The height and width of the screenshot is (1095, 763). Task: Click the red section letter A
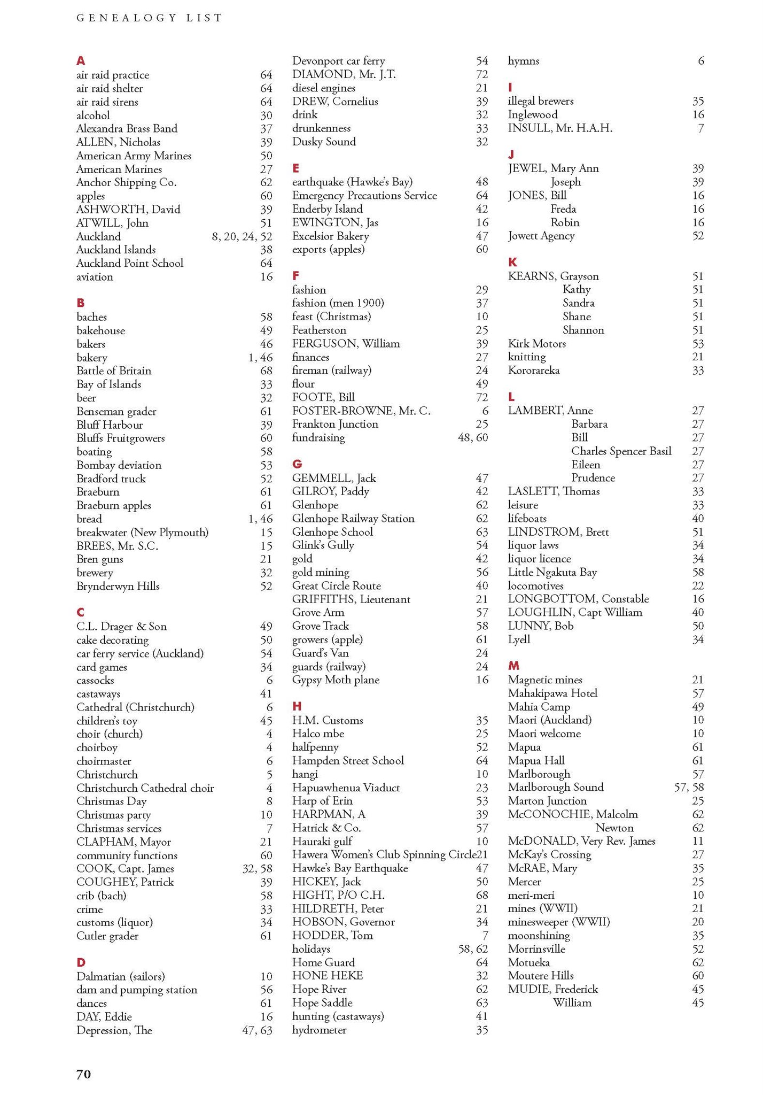click(x=81, y=61)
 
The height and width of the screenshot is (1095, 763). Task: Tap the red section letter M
click(x=513, y=666)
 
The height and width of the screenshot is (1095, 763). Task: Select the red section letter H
click(x=297, y=706)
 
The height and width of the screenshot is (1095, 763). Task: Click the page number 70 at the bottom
click(x=84, y=1074)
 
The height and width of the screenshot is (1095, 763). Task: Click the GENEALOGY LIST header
click(x=150, y=18)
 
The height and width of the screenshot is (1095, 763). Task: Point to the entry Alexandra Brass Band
click(x=127, y=129)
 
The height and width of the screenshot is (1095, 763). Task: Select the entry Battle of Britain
click(x=114, y=371)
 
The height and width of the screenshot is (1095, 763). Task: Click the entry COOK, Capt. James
click(x=125, y=869)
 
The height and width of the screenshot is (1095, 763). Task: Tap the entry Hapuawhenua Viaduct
click(x=346, y=788)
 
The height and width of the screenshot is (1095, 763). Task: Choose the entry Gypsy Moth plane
click(x=336, y=680)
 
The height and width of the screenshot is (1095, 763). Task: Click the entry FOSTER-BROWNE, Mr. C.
click(x=361, y=411)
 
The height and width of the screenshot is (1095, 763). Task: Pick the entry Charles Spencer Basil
click(x=621, y=451)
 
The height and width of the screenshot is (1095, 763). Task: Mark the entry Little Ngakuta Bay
click(x=552, y=572)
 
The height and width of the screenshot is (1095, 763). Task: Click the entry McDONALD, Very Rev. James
click(x=581, y=841)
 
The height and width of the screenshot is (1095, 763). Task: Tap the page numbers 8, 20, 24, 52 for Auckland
click(x=242, y=236)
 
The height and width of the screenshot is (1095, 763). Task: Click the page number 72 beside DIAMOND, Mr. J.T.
click(x=481, y=75)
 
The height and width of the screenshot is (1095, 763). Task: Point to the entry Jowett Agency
click(x=541, y=236)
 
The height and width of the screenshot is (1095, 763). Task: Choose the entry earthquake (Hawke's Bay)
click(x=352, y=182)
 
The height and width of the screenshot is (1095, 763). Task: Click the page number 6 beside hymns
click(x=700, y=61)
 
